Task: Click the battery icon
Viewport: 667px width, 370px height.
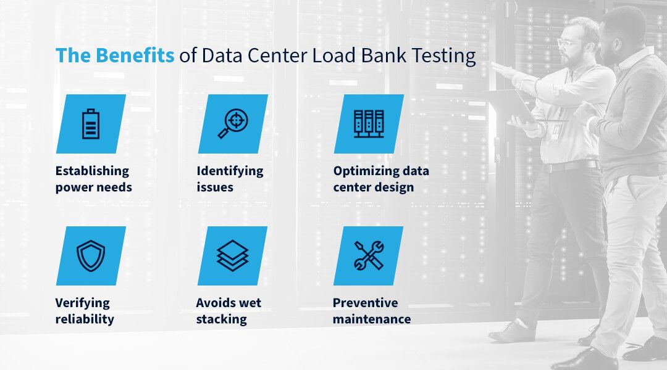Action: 91,124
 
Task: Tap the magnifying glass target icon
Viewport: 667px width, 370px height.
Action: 233,123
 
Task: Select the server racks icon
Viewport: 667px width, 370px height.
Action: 369,123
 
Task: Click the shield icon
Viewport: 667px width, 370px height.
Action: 91,256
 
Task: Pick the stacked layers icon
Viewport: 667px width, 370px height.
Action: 232,256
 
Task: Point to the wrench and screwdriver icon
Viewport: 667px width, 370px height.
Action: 368,256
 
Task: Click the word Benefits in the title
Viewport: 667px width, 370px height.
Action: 135,55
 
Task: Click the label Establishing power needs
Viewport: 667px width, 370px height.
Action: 94,179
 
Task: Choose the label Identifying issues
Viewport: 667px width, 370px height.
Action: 230,179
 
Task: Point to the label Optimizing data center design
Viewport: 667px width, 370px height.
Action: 381,179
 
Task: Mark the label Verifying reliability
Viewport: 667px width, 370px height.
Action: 85,311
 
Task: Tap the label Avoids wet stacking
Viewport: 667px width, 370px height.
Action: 229,311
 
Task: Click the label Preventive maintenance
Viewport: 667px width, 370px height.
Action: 372,311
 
